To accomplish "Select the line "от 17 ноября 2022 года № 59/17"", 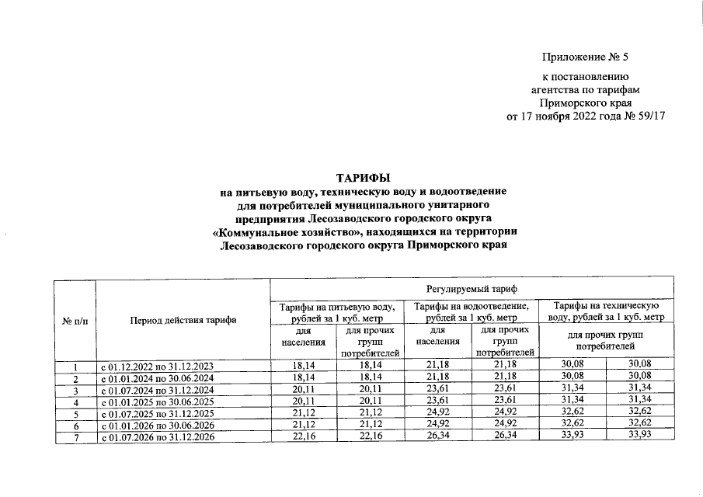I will (x=586, y=116).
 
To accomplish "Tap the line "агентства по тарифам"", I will (x=585, y=89).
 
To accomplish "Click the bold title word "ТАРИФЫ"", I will (x=363, y=179).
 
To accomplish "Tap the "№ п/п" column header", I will (x=74, y=319).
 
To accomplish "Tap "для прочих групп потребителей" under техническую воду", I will (x=605, y=340).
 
